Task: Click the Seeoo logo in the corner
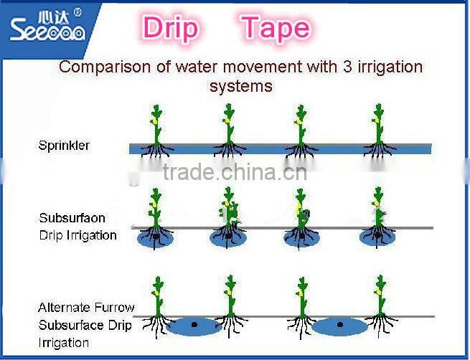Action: coord(47,25)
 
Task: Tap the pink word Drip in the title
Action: coord(171,28)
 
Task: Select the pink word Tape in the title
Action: coord(276,28)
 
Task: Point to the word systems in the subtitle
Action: coord(240,86)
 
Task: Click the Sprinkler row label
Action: coord(64,146)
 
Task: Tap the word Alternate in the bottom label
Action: coord(67,308)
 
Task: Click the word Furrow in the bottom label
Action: coord(116,308)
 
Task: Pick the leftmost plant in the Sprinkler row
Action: coord(156,129)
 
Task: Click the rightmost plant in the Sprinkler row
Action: coord(377,129)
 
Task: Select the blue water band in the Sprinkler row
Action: coord(280,148)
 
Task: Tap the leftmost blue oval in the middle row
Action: coord(156,238)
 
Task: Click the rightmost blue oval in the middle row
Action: coord(377,238)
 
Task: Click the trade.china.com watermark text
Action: coord(235,172)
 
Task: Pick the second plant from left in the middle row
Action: coord(229,212)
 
